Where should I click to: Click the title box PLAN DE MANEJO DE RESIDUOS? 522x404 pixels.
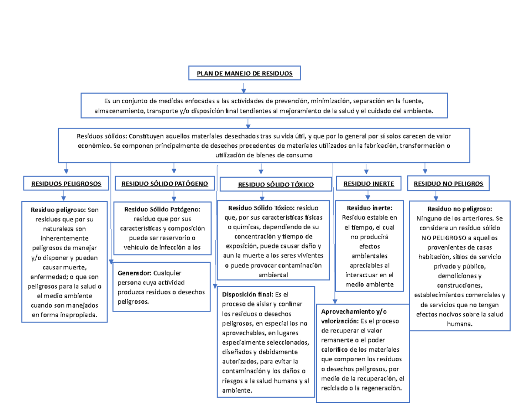244,73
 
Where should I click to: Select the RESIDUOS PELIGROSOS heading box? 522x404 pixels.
66,184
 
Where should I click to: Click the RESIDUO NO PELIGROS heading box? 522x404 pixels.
448,184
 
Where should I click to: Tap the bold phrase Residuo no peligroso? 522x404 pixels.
459,209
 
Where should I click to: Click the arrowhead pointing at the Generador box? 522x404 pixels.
111,261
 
